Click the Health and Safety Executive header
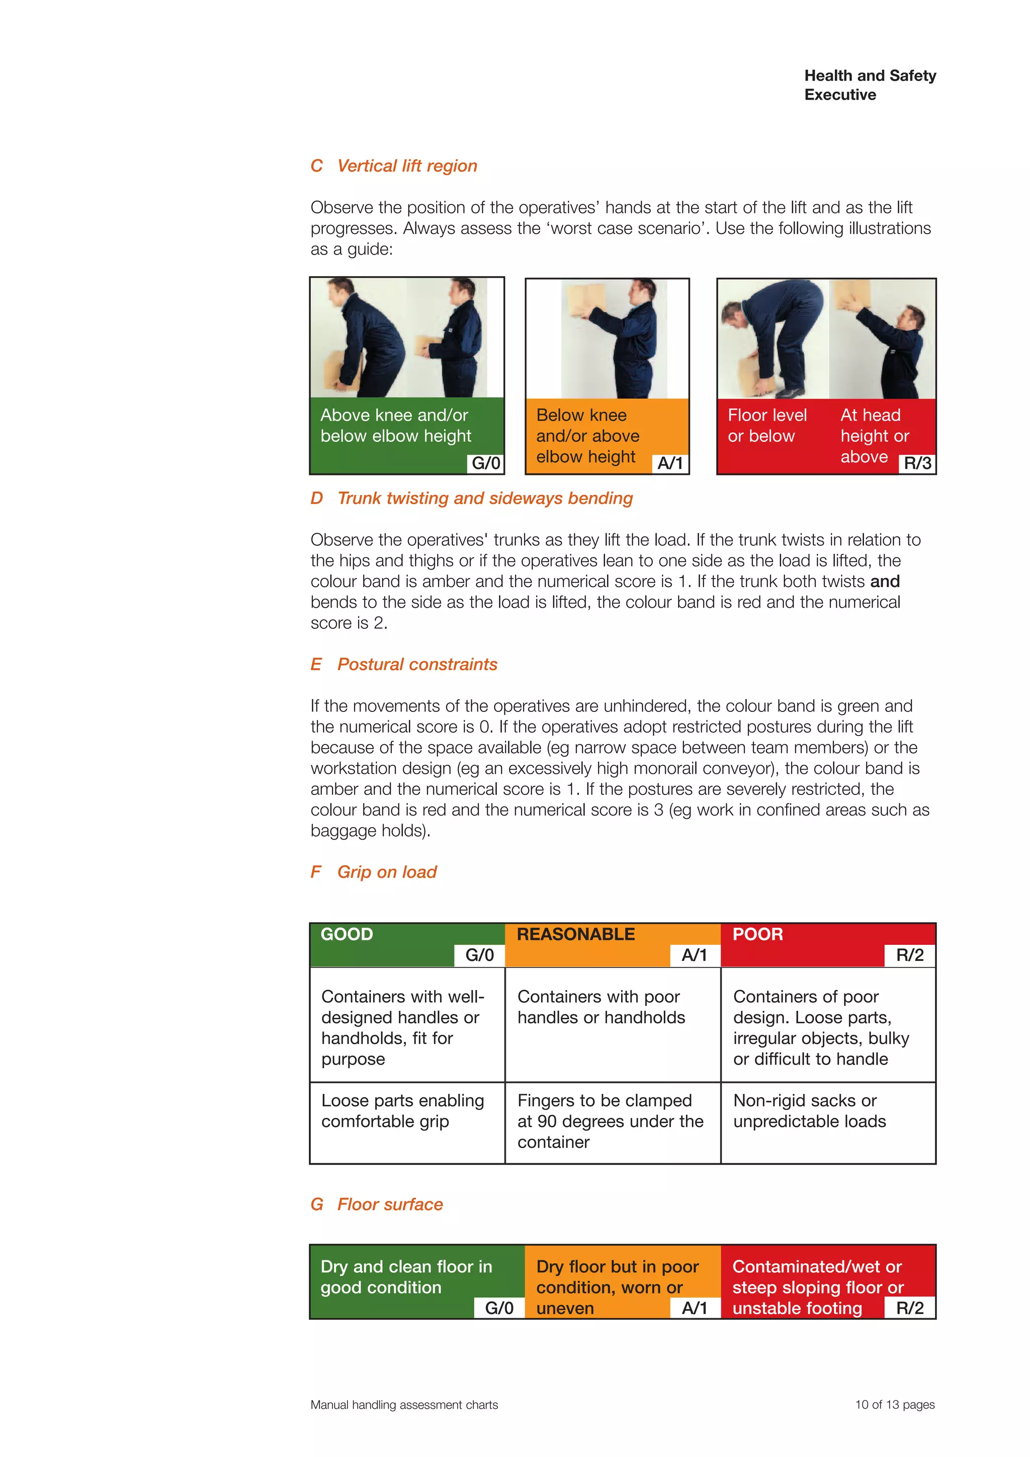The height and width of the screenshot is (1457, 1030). coord(870,85)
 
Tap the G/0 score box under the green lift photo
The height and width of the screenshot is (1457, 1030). coord(486,463)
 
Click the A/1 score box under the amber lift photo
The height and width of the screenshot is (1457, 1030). coord(670,463)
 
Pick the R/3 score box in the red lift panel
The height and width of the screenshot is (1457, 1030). coord(917,463)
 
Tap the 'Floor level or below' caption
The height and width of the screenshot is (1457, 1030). coord(767,426)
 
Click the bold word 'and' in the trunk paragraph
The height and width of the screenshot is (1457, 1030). coord(885,582)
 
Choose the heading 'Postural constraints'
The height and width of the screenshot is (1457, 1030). coord(417,665)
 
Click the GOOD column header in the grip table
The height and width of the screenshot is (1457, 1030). coord(347,935)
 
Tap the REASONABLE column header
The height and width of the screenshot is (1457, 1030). coord(575,935)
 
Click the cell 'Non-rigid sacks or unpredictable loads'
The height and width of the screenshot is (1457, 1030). coord(809,1111)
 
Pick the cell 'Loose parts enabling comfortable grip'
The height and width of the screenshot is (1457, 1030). coord(402,1111)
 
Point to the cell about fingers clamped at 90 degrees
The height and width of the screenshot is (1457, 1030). coord(610,1121)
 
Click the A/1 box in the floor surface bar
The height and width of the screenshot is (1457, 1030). coord(695,1309)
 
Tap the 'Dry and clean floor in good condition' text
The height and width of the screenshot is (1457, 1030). coord(406,1277)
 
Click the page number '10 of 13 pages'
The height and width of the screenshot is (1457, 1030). coord(894,1405)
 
